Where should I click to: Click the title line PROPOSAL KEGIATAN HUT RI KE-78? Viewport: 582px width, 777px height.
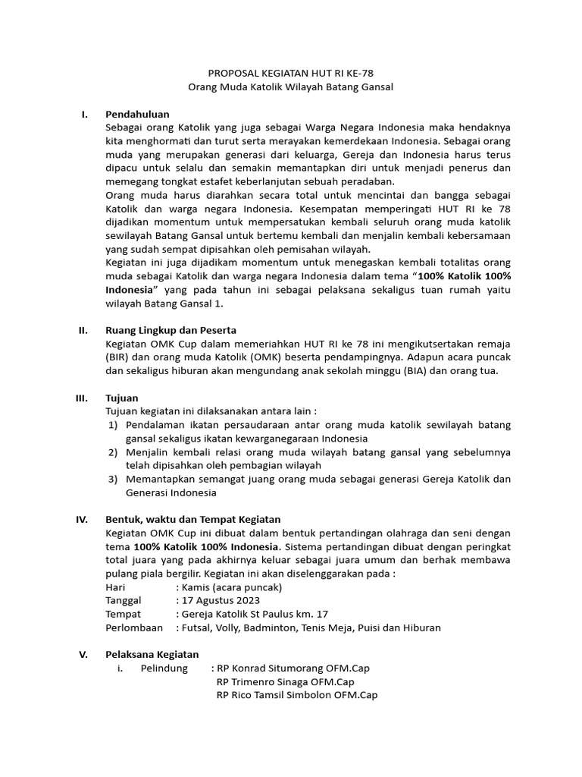[x=291, y=74]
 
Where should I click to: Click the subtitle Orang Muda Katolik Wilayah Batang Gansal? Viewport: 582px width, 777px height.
[x=291, y=87]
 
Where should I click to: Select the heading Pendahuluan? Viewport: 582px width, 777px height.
[x=137, y=114]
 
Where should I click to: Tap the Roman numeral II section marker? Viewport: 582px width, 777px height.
[x=83, y=330]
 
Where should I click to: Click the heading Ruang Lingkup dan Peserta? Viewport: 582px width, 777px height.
[x=171, y=330]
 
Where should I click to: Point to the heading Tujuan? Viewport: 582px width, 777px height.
[x=121, y=398]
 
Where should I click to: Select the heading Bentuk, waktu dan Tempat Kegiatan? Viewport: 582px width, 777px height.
[x=193, y=519]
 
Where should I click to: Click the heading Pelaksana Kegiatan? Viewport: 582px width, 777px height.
[x=152, y=654]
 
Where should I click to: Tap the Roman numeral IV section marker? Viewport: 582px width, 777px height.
[x=83, y=519]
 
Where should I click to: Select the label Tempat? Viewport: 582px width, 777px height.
[x=123, y=614]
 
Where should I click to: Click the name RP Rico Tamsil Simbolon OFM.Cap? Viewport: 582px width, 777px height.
[x=297, y=695]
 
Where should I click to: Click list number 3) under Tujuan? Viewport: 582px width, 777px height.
[x=112, y=479]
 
